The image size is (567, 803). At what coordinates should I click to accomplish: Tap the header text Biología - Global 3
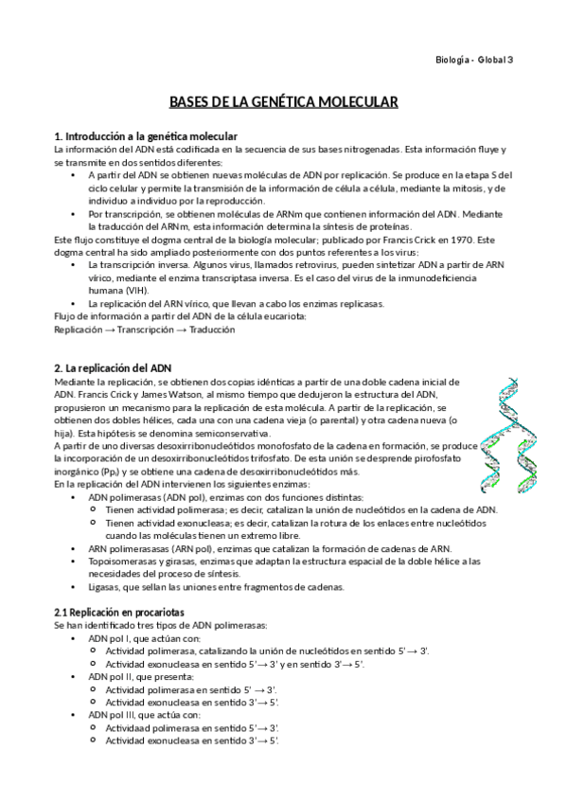[x=473, y=60]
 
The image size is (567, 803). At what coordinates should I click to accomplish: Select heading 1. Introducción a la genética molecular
[x=146, y=136]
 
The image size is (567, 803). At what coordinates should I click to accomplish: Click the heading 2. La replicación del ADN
[x=113, y=367]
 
